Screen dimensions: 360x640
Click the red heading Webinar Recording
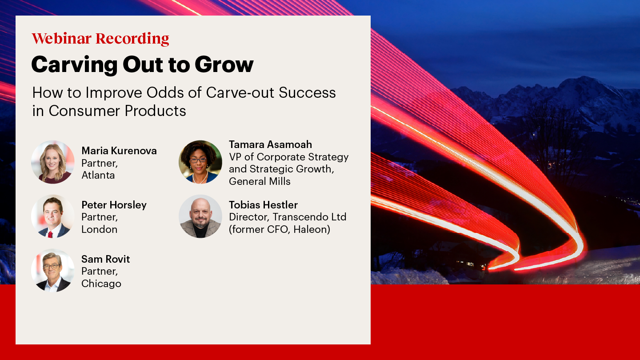click(100, 39)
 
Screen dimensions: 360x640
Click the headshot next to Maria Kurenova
click(53, 162)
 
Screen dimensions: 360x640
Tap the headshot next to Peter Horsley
click(53, 216)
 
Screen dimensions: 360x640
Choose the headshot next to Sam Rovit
click(53, 270)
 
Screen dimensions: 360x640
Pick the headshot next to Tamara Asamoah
click(200, 162)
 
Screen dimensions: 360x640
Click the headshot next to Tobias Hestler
click(200, 216)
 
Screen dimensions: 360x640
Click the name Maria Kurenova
click(119, 151)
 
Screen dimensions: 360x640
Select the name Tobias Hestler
click(263, 205)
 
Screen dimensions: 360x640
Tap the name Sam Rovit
click(106, 259)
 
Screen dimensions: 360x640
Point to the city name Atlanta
click(98, 175)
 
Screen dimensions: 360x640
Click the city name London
click(100, 229)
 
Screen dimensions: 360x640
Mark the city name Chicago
click(101, 284)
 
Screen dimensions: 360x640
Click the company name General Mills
click(260, 181)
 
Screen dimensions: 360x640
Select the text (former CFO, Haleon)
click(280, 229)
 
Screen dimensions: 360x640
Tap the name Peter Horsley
click(114, 205)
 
